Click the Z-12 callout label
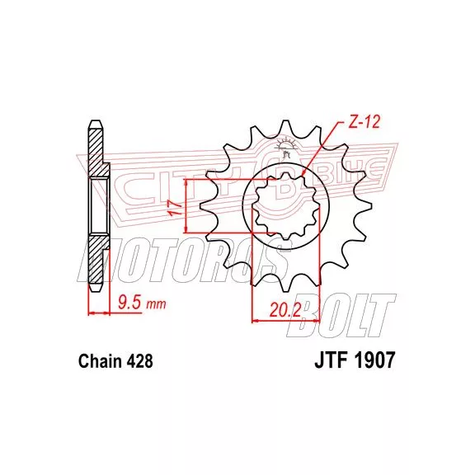coord(364,122)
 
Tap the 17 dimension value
coord(176,209)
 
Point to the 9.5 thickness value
coord(129,303)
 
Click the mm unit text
coord(157,304)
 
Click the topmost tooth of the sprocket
coord(285,127)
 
